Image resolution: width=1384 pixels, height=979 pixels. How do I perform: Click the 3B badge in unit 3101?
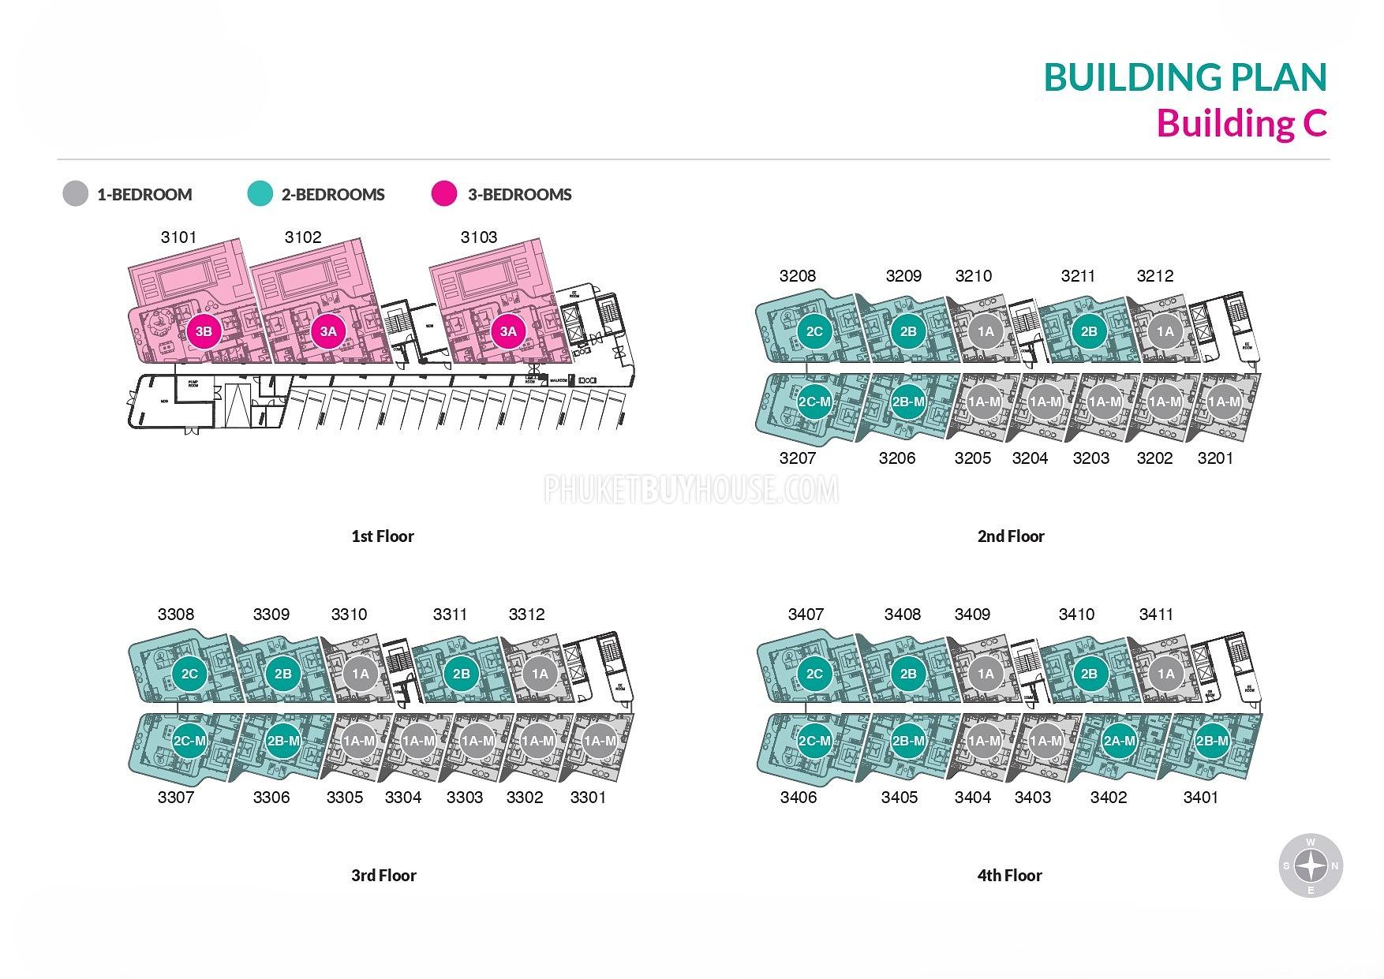tap(204, 331)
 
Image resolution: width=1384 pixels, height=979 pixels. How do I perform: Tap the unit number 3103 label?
tap(479, 237)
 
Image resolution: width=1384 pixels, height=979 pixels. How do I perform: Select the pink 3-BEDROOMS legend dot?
tap(444, 194)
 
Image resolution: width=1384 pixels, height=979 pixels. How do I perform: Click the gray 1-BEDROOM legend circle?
tap(76, 194)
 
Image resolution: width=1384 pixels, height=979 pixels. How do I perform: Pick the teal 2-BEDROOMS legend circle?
tap(260, 194)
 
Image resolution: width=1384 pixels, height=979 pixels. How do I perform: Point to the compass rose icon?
tap(1311, 866)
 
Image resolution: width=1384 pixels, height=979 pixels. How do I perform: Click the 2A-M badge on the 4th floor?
tap(1119, 741)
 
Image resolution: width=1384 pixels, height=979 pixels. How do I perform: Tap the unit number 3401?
tap(1200, 798)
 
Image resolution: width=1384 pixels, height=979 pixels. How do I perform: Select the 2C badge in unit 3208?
tap(814, 331)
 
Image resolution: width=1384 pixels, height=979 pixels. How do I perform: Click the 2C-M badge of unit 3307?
tap(189, 741)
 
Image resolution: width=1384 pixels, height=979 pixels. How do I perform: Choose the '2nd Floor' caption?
tap(1011, 536)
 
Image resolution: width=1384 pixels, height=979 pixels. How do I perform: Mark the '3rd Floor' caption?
tap(383, 876)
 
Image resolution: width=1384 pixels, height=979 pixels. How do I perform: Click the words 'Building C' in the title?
tap(1242, 124)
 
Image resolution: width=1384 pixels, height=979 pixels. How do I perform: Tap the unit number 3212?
tap(1155, 276)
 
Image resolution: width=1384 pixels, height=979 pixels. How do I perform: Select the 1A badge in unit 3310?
tap(360, 674)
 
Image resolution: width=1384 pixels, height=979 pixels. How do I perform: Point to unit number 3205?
tap(972, 458)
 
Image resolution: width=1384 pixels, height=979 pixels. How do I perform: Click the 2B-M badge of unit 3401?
tap(1212, 741)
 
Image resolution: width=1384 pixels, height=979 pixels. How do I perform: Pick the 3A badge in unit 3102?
tap(328, 331)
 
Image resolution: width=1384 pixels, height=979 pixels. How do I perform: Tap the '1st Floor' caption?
tap(383, 536)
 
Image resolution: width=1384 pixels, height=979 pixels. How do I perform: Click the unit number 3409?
tap(972, 615)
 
